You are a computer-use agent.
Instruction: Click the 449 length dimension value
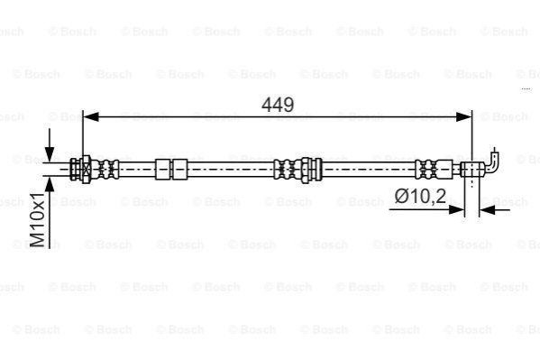coord(278,105)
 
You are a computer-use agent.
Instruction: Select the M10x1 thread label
coord(38,219)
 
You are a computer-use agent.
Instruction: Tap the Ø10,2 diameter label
coord(420,197)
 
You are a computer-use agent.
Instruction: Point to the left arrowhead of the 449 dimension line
coord(91,117)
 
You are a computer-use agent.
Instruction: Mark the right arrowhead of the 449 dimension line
coord(464,117)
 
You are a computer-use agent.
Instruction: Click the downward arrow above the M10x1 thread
coord(50,145)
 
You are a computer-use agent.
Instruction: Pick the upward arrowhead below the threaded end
coord(50,185)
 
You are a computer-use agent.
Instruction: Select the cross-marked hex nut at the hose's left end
coord(87,170)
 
